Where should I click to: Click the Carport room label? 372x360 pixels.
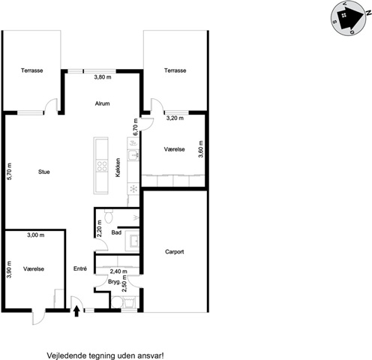click(175, 252)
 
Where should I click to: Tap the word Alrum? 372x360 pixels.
click(102, 103)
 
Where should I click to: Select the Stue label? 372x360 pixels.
click(44, 172)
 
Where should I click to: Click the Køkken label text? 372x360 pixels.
click(118, 167)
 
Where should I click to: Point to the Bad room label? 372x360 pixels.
click(116, 232)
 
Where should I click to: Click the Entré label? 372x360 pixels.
click(80, 268)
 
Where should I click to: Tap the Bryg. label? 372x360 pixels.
click(115, 282)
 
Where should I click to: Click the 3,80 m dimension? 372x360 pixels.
click(103, 77)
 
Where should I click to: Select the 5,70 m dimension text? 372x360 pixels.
click(10, 172)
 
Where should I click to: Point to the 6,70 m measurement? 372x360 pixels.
click(136, 127)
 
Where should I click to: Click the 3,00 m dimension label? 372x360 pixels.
click(36, 235)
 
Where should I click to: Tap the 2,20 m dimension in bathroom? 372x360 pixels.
click(99, 228)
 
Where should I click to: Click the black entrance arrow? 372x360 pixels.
click(76, 311)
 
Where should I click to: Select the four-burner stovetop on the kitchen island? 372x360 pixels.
click(102, 166)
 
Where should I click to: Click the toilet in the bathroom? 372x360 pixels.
click(109, 216)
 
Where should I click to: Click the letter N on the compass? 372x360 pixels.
click(367, 13)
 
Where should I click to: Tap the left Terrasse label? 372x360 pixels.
click(31, 70)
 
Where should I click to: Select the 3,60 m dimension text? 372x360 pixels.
click(201, 149)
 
